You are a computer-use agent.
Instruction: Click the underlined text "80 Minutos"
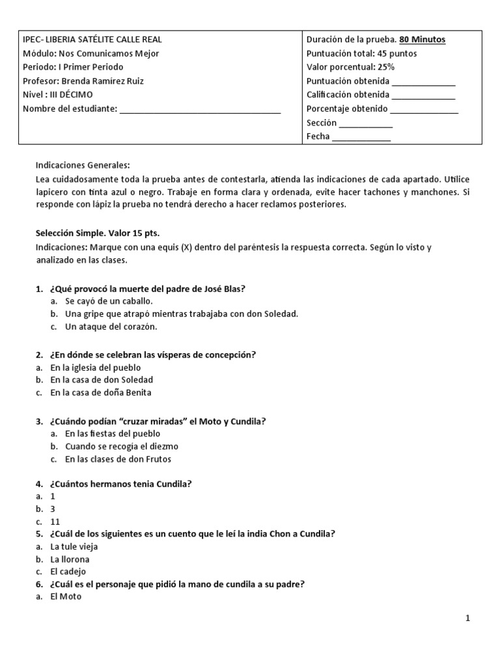point(422,40)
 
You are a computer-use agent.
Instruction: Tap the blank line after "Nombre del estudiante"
point(200,109)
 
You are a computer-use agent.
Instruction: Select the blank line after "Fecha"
point(361,137)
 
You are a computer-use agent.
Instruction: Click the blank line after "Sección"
point(366,124)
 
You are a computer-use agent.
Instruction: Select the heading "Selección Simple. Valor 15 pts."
point(96,232)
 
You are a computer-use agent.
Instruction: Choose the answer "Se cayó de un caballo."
point(109,301)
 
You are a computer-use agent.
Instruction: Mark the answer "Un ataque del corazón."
point(111,326)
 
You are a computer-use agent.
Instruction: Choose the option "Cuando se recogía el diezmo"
point(121,446)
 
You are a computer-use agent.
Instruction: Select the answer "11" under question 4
point(55,522)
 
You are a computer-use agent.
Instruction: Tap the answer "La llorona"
point(70,559)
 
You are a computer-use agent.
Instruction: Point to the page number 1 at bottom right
point(467,619)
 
